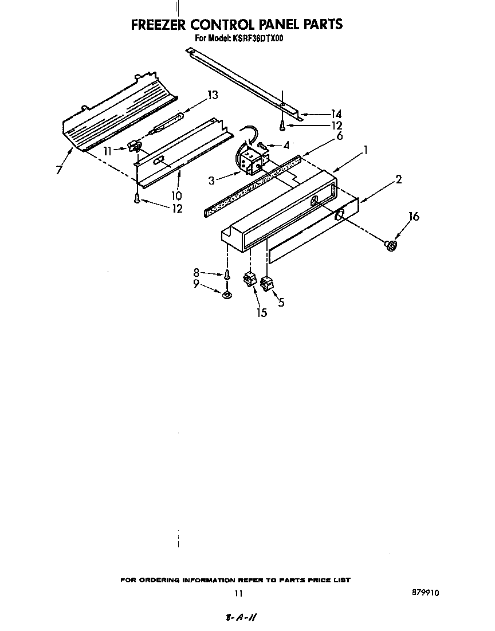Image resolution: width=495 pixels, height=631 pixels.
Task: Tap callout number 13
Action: tap(213, 95)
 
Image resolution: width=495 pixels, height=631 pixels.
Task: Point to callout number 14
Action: tap(336, 114)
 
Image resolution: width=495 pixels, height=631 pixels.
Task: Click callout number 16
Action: tap(413, 216)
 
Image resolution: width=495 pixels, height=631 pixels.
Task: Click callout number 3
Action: tap(212, 181)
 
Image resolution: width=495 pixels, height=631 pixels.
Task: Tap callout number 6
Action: tap(339, 136)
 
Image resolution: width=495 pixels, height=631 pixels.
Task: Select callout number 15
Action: tap(262, 313)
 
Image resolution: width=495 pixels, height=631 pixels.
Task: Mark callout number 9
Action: tap(197, 283)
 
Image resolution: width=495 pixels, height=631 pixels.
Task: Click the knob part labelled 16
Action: tap(391, 245)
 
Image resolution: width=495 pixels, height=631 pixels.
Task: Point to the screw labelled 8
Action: tap(227, 275)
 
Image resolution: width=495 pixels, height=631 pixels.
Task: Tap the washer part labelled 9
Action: tap(227, 295)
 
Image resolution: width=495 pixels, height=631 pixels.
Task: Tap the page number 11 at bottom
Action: tap(239, 594)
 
